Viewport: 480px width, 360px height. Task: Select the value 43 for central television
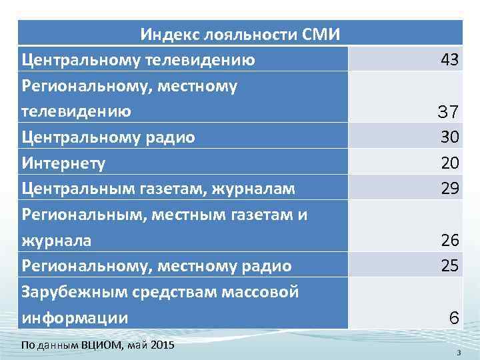point(449,60)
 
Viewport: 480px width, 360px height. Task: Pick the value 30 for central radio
point(449,137)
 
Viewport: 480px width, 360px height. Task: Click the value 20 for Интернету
point(449,163)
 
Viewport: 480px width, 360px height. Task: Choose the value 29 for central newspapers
point(449,189)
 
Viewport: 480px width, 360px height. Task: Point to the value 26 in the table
point(449,240)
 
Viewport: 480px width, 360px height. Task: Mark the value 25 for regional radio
point(449,266)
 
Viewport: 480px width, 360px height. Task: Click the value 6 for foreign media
point(453,318)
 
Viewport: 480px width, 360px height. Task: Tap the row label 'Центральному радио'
point(108,137)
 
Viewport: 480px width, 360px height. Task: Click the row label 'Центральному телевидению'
point(138,60)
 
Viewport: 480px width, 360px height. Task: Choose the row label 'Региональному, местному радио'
point(157,266)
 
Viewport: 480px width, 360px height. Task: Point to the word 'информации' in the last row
point(75,318)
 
